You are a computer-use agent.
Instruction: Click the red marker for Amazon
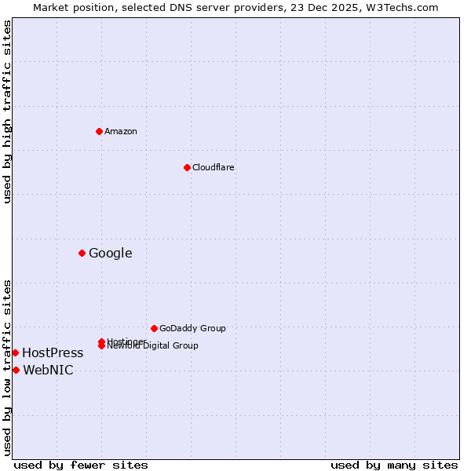[99, 131]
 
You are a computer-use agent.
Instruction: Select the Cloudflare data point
[187, 167]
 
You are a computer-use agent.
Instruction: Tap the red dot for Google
[82, 253]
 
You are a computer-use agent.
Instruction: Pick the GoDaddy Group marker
[154, 328]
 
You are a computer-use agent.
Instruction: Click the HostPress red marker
[15, 352]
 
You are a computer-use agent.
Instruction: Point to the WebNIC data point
[16, 370]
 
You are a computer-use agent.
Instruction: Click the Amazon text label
[120, 131]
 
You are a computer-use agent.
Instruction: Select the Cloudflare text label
[213, 167]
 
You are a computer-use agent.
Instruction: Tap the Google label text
[110, 253]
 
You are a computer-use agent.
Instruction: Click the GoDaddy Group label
[192, 328]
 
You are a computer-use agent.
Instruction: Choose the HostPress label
[53, 352]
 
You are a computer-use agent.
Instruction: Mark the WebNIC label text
[48, 370]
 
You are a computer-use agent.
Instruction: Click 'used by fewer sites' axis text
[81, 465]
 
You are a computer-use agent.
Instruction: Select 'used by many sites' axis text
[394, 465]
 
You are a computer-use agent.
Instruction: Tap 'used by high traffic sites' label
[7, 111]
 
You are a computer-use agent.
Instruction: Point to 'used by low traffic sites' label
[7, 367]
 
